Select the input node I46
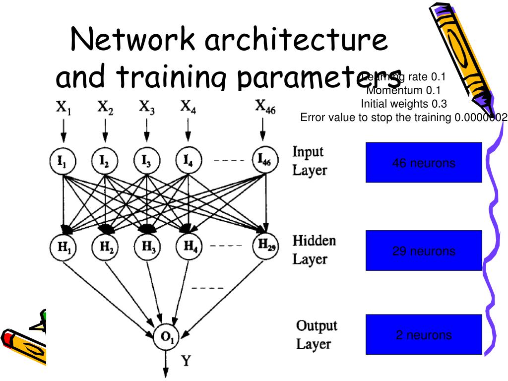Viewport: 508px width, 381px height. pyautogui.click(x=263, y=161)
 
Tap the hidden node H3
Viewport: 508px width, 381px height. pyautogui.click(x=147, y=246)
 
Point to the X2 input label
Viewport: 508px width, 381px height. pyautogui.click(x=105, y=108)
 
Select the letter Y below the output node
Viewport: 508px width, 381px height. pyautogui.click(x=185, y=360)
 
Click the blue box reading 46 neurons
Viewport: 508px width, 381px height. pyautogui.click(x=424, y=162)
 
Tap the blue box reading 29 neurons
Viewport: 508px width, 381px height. pyautogui.click(x=424, y=250)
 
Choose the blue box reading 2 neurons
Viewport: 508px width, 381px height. pyautogui.click(x=424, y=334)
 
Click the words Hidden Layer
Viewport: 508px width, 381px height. pyautogui.click(x=314, y=250)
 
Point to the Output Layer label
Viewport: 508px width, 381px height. pyautogui.click(x=317, y=335)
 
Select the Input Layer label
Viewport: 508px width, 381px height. pyautogui.click(x=310, y=161)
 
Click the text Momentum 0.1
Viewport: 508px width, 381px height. pyautogui.click(x=403, y=90)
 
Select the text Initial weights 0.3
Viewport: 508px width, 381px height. pyautogui.click(x=403, y=104)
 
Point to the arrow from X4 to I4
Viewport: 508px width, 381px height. pyautogui.click(x=187, y=130)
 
